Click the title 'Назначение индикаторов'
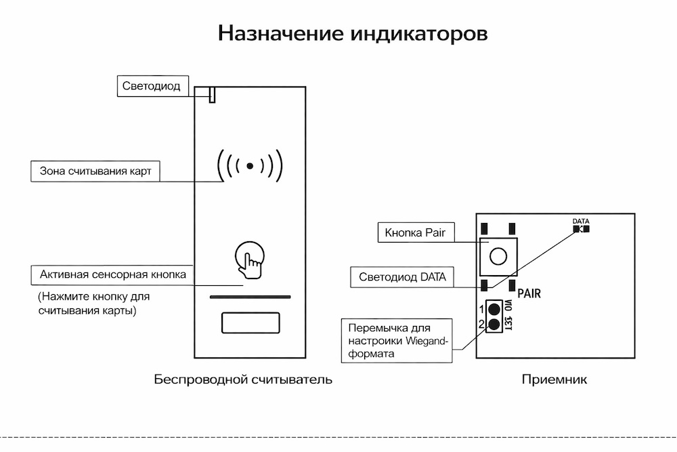click(353, 34)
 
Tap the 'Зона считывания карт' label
click(95, 171)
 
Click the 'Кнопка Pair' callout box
click(415, 233)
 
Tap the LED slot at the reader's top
click(212, 95)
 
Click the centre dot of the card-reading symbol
click(250, 165)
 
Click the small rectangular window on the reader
click(250, 323)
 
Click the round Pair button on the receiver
click(498, 256)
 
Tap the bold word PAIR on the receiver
click(529, 294)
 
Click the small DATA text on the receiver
click(581, 221)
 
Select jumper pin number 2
click(494, 324)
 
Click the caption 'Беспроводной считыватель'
click(243, 379)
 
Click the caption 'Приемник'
click(554, 379)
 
